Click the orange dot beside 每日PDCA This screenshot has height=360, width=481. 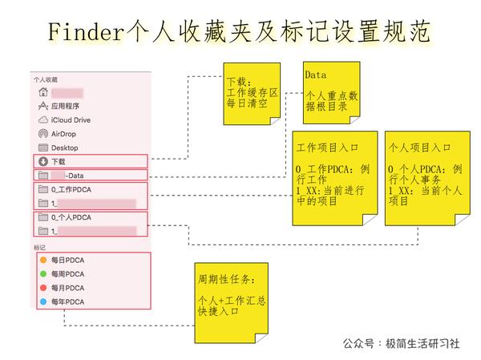point(42,260)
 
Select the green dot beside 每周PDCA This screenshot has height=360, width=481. point(42,273)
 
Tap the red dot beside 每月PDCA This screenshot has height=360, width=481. point(42,288)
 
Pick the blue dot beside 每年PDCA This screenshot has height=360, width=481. point(42,301)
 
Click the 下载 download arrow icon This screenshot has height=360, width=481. point(42,161)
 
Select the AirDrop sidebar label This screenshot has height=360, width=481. point(64,134)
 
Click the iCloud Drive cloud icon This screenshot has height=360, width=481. point(42,120)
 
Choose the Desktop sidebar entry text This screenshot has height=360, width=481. point(64,148)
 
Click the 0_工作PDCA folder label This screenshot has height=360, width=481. point(72,189)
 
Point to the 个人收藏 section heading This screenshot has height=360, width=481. point(46,79)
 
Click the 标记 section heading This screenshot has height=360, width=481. point(40,247)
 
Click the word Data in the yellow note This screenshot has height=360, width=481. point(315,75)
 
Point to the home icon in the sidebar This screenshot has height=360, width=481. point(42,92)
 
